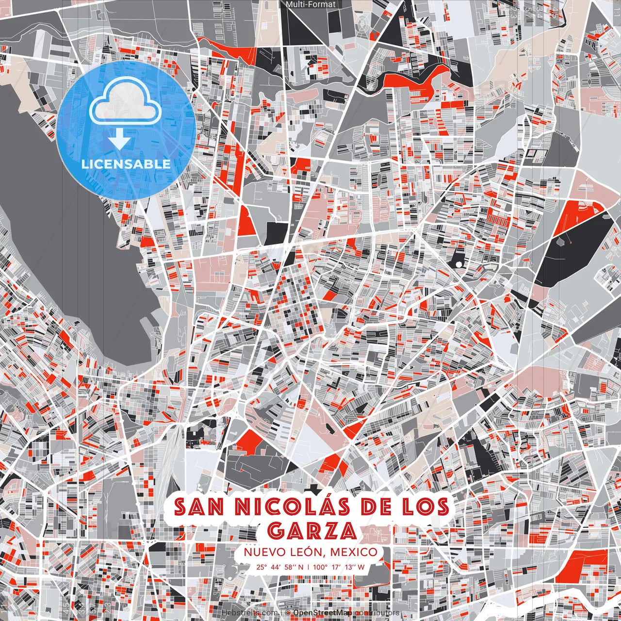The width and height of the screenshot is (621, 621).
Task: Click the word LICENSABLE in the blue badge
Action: pos(126,163)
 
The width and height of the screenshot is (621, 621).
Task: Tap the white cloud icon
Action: pos(126,103)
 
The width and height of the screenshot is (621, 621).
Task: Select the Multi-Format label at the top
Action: pos(310,4)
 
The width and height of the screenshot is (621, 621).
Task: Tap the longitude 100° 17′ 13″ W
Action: pos(339,567)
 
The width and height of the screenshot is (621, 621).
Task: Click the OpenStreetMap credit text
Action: pos(323,613)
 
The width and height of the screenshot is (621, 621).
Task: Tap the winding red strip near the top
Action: pos(417,78)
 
